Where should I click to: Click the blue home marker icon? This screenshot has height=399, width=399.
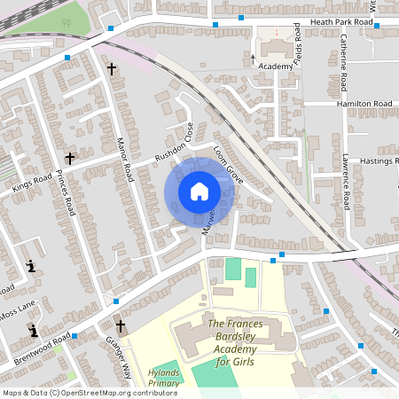coord(199,192)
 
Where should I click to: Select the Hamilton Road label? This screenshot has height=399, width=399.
coord(364,104)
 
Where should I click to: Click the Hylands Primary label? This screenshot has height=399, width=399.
coord(164,379)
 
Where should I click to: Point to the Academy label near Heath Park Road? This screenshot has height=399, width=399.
coord(277,66)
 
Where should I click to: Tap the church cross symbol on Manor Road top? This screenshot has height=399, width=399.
coord(112,68)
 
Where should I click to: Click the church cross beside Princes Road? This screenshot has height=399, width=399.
coord(69,158)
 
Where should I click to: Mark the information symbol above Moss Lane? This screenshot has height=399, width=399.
coord(31,265)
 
